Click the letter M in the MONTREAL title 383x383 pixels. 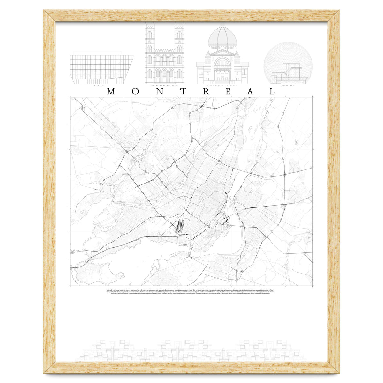111,92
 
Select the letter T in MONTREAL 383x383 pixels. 183,92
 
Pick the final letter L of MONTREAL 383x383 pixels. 272,92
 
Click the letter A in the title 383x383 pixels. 251,92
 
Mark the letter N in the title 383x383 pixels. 159,92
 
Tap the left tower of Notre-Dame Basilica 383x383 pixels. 149,48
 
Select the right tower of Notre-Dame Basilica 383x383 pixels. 179,48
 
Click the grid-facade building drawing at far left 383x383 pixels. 101,69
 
